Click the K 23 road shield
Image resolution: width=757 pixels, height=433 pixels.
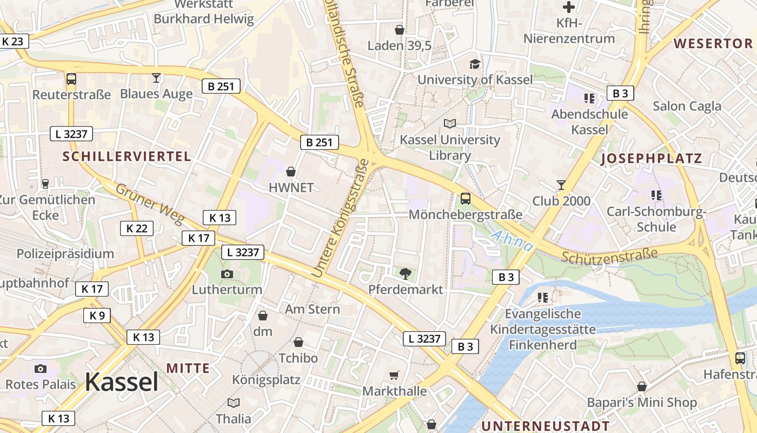click(x=13, y=41)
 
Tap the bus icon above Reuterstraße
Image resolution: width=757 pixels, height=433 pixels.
click(x=71, y=79)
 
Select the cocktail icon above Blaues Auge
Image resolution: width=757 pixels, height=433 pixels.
click(x=156, y=78)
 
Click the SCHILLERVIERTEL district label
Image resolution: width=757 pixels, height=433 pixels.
click(x=127, y=157)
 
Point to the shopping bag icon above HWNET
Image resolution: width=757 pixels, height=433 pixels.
click(x=291, y=172)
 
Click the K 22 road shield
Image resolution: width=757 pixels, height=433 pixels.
click(x=137, y=228)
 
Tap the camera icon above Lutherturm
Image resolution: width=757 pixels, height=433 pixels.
click(x=227, y=274)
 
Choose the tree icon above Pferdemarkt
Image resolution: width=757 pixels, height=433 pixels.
click(x=405, y=273)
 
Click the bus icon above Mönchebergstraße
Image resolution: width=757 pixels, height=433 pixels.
click(x=466, y=199)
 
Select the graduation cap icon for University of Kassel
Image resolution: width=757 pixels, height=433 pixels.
click(x=475, y=64)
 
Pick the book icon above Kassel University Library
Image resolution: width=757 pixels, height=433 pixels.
click(x=450, y=123)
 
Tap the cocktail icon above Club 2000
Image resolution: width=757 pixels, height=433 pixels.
click(x=561, y=185)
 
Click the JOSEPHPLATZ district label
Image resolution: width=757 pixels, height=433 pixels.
click(x=651, y=159)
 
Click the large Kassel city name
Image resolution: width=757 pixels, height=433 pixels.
click(x=122, y=382)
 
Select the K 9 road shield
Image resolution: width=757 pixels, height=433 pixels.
click(x=97, y=316)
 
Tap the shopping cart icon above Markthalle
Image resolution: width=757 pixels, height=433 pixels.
click(x=394, y=375)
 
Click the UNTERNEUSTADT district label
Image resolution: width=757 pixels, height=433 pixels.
click(x=545, y=425)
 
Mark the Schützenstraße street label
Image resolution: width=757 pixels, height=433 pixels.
click(x=609, y=255)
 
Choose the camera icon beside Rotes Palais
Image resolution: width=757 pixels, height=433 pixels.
click(x=41, y=369)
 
